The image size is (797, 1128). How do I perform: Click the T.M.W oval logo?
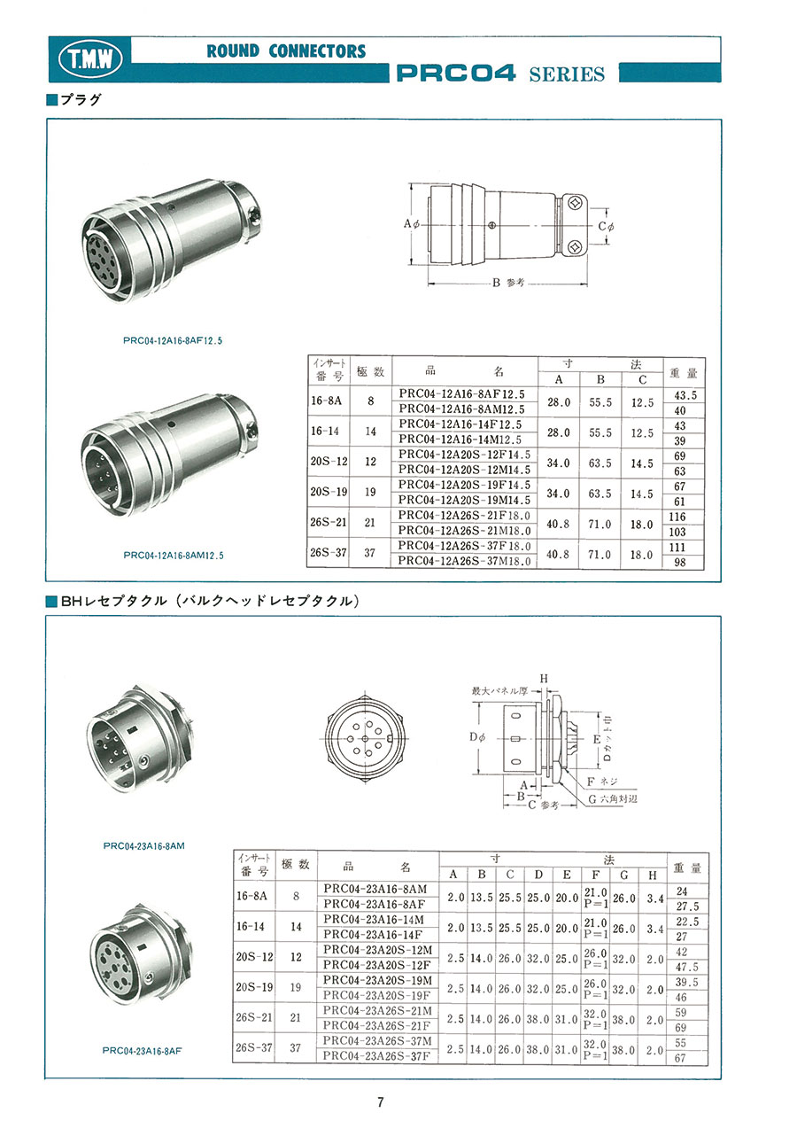click(x=90, y=59)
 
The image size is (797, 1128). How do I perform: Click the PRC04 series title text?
click(x=500, y=74)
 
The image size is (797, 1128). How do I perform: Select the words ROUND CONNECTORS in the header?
click(x=286, y=51)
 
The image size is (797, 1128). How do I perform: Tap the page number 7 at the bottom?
click(x=381, y=1101)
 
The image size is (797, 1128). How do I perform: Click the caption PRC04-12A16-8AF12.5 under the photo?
click(x=173, y=341)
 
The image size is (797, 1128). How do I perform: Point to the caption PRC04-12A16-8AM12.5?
click(x=174, y=556)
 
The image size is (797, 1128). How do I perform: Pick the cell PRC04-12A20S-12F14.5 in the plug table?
click(x=464, y=455)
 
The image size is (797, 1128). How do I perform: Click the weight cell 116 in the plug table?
click(x=677, y=517)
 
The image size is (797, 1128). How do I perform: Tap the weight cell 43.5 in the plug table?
click(x=685, y=395)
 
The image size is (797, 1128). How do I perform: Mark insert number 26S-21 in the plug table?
click(x=328, y=522)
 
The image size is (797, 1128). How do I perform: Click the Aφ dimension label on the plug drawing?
click(x=412, y=223)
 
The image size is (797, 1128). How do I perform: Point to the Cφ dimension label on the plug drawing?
click(x=607, y=227)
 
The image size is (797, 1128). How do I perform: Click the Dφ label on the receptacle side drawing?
click(x=477, y=738)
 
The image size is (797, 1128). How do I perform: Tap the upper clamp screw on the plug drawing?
click(x=574, y=203)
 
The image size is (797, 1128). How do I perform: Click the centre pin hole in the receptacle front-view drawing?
click(x=365, y=739)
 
